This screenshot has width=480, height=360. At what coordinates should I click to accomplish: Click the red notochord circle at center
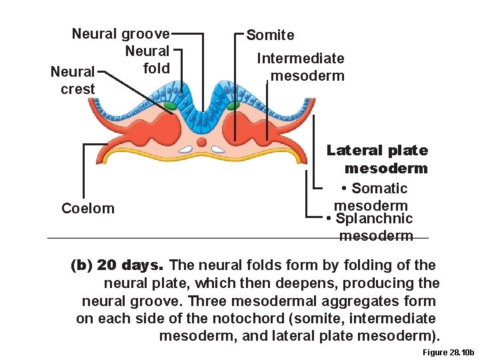click(201, 141)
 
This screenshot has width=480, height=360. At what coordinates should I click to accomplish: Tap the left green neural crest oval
click(170, 105)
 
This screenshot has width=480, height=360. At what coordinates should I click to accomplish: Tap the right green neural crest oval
click(233, 105)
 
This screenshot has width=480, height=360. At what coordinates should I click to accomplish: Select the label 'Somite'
click(270, 35)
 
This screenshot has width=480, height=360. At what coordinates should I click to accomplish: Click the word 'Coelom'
click(88, 209)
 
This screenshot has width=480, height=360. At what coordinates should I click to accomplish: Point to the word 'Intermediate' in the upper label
click(301, 59)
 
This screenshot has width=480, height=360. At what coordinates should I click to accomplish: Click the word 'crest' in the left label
click(78, 89)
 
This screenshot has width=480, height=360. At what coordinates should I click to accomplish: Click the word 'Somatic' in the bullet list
click(379, 189)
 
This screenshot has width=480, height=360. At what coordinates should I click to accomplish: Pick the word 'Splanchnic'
click(375, 219)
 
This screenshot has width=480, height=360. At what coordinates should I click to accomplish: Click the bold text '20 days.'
click(130, 265)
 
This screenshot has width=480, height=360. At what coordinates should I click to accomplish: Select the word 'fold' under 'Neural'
click(157, 68)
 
